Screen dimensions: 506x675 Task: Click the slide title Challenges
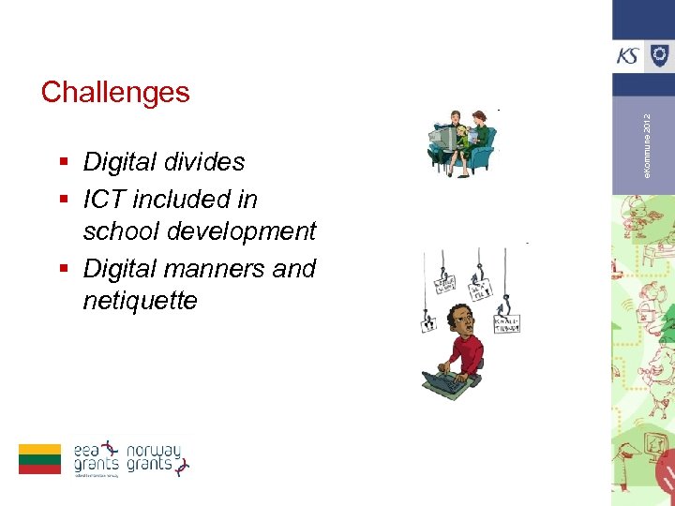pos(115,92)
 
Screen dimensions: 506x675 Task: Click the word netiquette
pos(140,301)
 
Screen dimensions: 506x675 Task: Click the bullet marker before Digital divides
pos(63,163)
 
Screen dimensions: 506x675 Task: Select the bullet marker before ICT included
pos(63,201)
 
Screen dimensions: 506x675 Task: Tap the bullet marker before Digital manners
pos(63,270)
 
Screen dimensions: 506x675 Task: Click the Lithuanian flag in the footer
pos(39,458)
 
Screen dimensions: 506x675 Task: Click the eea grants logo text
pos(96,457)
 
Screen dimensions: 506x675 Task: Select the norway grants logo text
pos(154,457)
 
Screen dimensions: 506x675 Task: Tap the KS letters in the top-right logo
pos(628,55)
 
